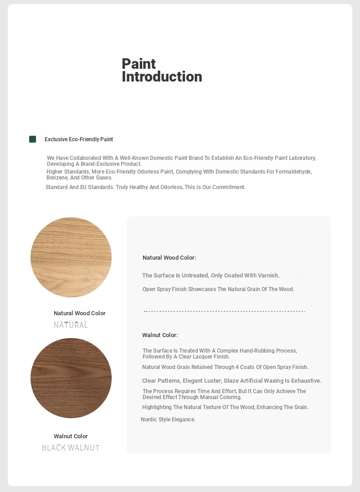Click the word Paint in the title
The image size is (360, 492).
139,64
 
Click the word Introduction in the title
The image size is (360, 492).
162,77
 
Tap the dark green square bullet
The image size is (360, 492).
33,139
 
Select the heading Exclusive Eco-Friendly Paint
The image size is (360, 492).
79,139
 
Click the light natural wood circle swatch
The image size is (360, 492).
71,257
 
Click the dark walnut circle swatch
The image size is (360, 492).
71,378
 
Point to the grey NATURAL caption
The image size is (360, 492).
71,325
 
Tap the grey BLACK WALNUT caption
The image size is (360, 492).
71,448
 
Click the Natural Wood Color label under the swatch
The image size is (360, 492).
79,313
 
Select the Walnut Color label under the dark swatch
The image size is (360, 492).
71,436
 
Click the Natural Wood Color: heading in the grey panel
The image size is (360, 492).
169,258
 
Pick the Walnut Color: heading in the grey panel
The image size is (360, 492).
160,335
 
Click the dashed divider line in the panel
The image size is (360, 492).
224,312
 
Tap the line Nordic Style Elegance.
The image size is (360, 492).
168,420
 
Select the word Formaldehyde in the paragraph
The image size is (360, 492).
295,172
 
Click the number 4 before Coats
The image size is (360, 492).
237,367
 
